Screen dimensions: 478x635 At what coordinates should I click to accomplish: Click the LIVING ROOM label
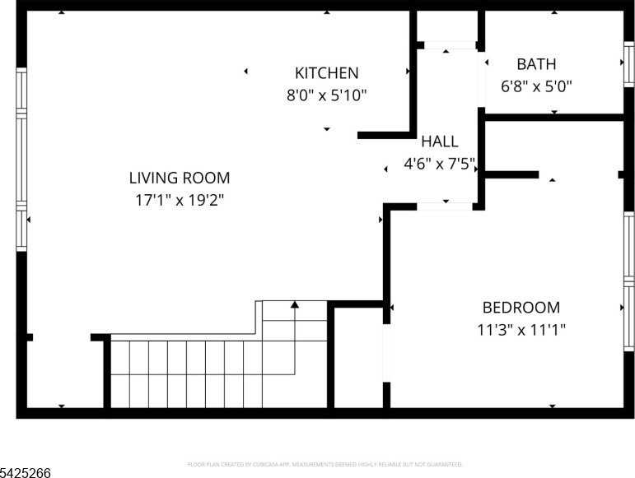pyautogui.click(x=180, y=178)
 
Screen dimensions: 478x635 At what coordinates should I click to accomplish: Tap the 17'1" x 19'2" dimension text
pyautogui.click(x=180, y=199)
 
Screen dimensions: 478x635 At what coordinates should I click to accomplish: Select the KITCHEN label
pyautogui.click(x=327, y=73)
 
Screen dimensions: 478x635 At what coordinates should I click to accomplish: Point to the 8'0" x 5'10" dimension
pyautogui.click(x=327, y=95)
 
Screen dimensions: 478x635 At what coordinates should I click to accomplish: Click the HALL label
pyautogui.click(x=439, y=142)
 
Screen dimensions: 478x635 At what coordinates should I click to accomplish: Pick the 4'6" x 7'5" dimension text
pyautogui.click(x=439, y=163)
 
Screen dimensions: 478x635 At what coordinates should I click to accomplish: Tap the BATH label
pyautogui.click(x=536, y=64)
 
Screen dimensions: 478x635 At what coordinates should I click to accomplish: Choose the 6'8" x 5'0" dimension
pyautogui.click(x=536, y=85)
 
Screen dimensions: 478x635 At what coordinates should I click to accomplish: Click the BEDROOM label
pyautogui.click(x=521, y=308)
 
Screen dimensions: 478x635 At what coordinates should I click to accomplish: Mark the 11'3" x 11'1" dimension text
pyautogui.click(x=521, y=330)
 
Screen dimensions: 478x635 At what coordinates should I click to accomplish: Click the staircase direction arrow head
pyautogui.click(x=295, y=305)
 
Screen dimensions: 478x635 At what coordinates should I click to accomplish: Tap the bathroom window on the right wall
pyautogui.click(x=628, y=64)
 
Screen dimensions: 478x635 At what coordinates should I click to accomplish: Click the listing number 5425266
pyautogui.click(x=26, y=472)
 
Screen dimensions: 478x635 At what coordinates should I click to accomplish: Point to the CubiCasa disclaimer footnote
pyautogui.click(x=325, y=464)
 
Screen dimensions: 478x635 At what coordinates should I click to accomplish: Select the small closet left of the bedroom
pyautogui.click(x=358, y=358)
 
